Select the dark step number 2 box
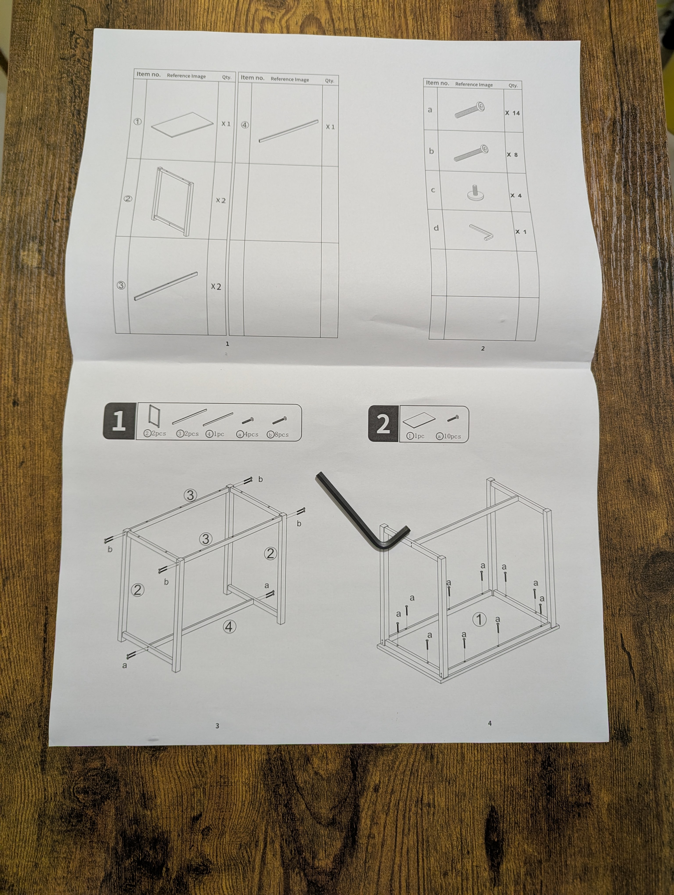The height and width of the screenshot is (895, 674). tap(383, 423)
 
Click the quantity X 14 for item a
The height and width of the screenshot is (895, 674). tap(512, 113)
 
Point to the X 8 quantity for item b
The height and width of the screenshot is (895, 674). tap(512, 155)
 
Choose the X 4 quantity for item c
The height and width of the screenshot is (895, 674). tap(516, 195)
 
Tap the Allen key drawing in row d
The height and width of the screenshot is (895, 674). tap(481, 233)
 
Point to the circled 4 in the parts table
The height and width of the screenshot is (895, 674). tap(245, 125)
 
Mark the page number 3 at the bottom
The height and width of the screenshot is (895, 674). tap(217, 726)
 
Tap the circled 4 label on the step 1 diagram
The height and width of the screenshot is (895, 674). tap(229, 627)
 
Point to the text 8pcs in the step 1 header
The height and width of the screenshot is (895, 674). tap(281, 435)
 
